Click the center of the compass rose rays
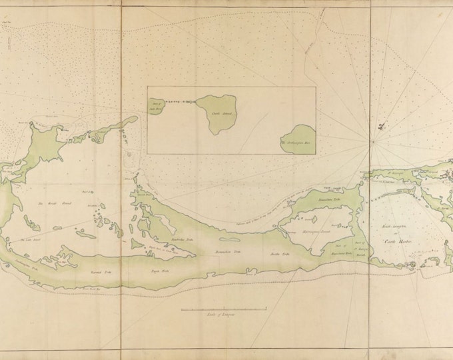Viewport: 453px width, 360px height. click(x=370, y=141)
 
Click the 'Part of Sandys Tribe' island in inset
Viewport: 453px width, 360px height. click(x=155, y=105)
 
